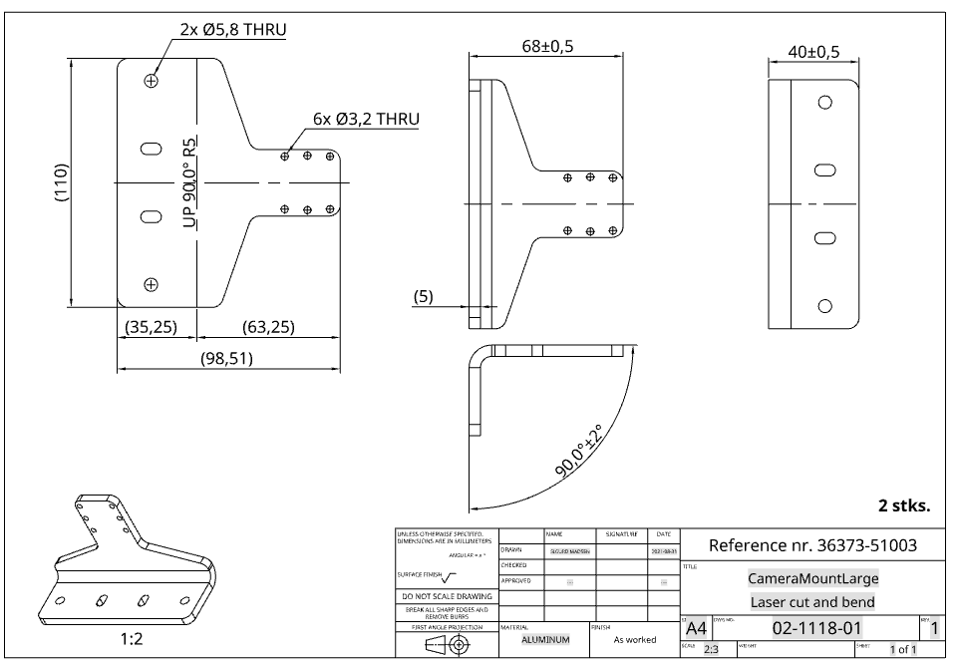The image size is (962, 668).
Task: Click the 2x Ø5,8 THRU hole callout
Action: click(232, 29)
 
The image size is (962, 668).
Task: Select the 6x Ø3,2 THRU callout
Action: click(365, 119)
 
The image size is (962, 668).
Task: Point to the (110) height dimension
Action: click(61, 182)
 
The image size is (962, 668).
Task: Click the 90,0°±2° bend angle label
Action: click(580, 452)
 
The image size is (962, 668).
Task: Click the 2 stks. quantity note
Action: click(903, 505)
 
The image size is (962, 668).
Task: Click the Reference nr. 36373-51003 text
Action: click(811, 545)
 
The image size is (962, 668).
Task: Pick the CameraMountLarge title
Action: click(812, 578)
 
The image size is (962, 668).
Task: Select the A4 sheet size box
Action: click(696, 628)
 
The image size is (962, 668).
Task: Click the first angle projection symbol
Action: click(448, 644)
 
